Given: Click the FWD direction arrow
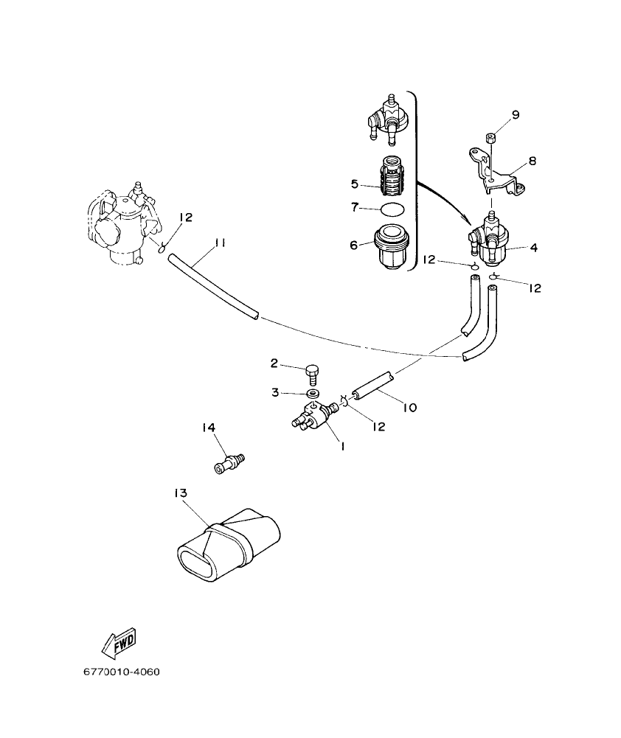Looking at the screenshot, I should pos(120,644).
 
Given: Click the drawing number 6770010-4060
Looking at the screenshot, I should pos(121,673).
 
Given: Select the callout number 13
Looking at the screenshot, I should pos(182,492).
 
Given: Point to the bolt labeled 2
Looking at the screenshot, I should pos(313,373).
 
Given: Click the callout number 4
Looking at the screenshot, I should pos(532,248).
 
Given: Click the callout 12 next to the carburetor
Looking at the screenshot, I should pos(184,217).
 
